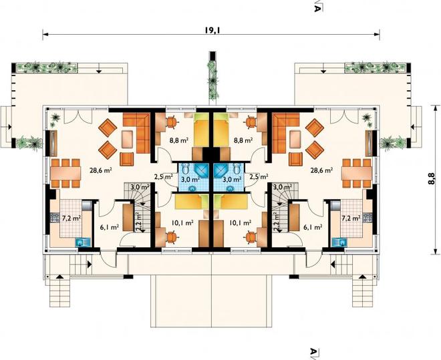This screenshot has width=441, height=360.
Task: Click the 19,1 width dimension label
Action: coord(212,30)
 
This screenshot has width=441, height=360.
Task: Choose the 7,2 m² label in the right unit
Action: coord(351,218)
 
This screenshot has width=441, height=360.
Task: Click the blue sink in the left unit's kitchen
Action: coord(84,242)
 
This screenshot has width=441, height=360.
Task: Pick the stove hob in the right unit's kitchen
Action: coord(367,218)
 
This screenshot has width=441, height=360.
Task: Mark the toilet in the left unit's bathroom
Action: coord(186,168)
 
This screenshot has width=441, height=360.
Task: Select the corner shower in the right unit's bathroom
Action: coord(223,171)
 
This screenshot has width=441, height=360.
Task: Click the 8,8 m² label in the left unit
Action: coord(178,140)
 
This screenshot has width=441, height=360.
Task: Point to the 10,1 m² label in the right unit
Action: coord(241,223)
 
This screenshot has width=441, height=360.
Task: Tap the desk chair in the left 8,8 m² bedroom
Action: coord(171,122)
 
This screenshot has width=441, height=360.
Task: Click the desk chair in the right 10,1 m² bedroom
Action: coord(251,236)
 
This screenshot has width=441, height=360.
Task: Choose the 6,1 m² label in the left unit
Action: coord(109,226)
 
